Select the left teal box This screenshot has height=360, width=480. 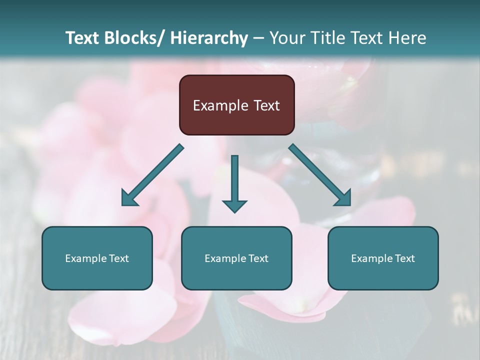point(97,275)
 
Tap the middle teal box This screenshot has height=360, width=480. point(236,275)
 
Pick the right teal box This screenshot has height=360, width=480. point(383,275)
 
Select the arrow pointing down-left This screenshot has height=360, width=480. point(152,175)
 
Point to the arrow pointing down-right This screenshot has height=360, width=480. point(320,175)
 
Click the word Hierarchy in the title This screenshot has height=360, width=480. point(209,38)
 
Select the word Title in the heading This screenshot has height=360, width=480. point(325,38)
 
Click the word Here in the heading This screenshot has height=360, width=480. point(407,38)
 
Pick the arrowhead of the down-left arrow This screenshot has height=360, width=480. point(128,199)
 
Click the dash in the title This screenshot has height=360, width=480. point(258,38)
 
